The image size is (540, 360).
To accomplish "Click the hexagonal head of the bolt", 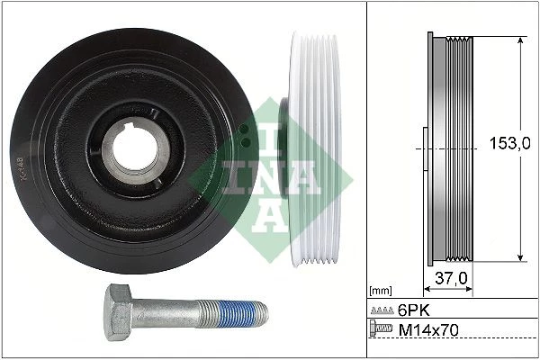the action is point(117,312).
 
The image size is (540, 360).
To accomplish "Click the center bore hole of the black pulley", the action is point(135,148).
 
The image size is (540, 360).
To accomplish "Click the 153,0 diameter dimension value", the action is point(510,143).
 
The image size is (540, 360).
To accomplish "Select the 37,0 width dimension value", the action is point(451,278).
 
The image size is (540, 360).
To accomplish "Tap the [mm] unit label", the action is point(380,291).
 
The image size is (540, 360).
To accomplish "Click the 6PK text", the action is point(414,310).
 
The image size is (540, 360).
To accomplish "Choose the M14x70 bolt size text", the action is point(428,330).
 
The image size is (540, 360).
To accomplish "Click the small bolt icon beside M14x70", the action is point(381,328).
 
